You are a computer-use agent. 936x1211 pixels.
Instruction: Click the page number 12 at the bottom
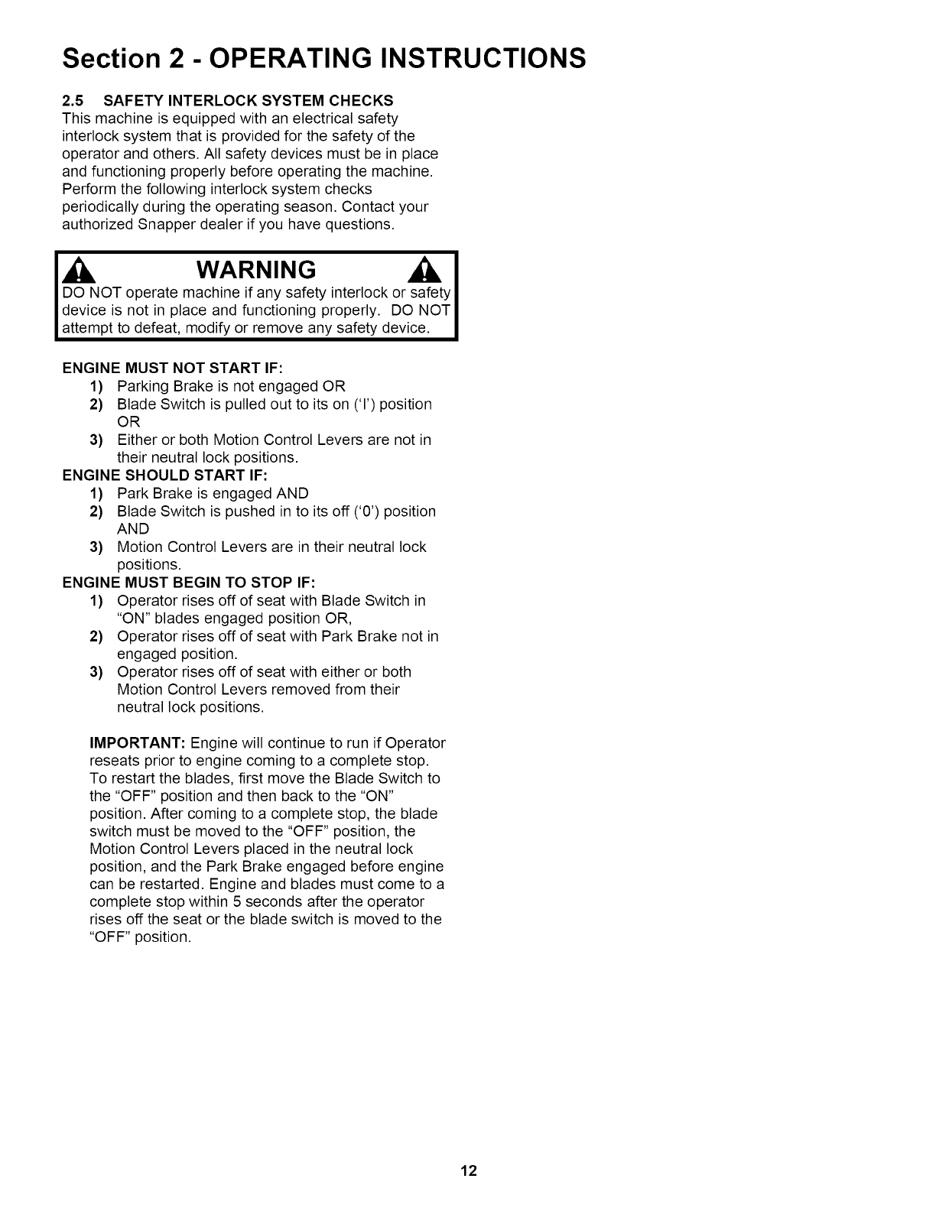(468, 1170)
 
